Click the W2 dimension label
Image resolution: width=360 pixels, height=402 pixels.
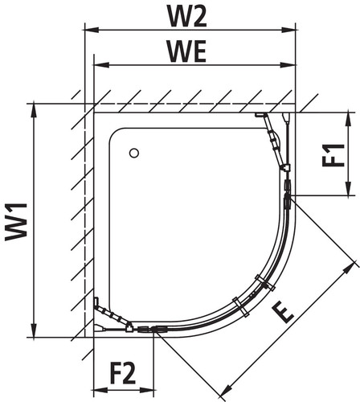[187, 16]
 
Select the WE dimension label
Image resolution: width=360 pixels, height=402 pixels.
[187, 51]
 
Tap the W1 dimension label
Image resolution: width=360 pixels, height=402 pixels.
[16, 222]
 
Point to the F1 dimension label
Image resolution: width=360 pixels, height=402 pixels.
[333, 155]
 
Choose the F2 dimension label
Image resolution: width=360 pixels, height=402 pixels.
[123, 373]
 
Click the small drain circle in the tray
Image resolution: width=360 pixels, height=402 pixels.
[134, 154]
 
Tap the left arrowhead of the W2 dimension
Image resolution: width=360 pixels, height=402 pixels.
[92, 29]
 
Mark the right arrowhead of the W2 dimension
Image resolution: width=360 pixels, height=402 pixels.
[288, 29]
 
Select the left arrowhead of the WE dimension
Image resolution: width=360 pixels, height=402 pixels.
[101, 65]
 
